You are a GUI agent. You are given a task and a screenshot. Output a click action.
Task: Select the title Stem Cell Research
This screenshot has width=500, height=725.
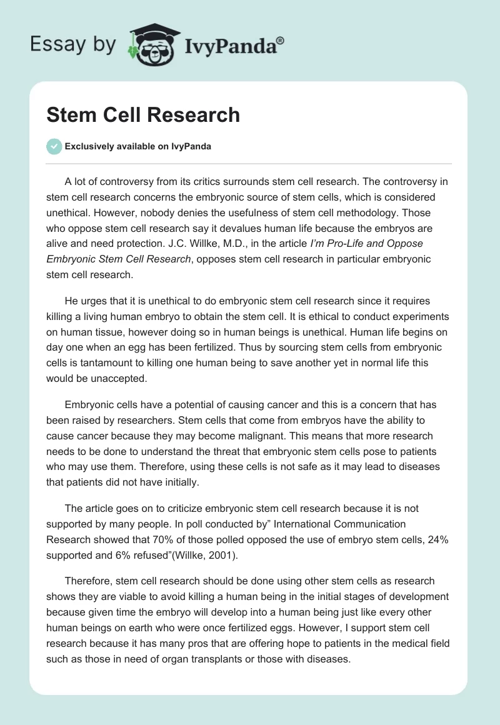pyautogui.click(x=143, y=114)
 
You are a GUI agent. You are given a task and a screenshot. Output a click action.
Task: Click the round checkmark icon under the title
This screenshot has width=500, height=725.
pyautogui.click(x=54, y=146)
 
